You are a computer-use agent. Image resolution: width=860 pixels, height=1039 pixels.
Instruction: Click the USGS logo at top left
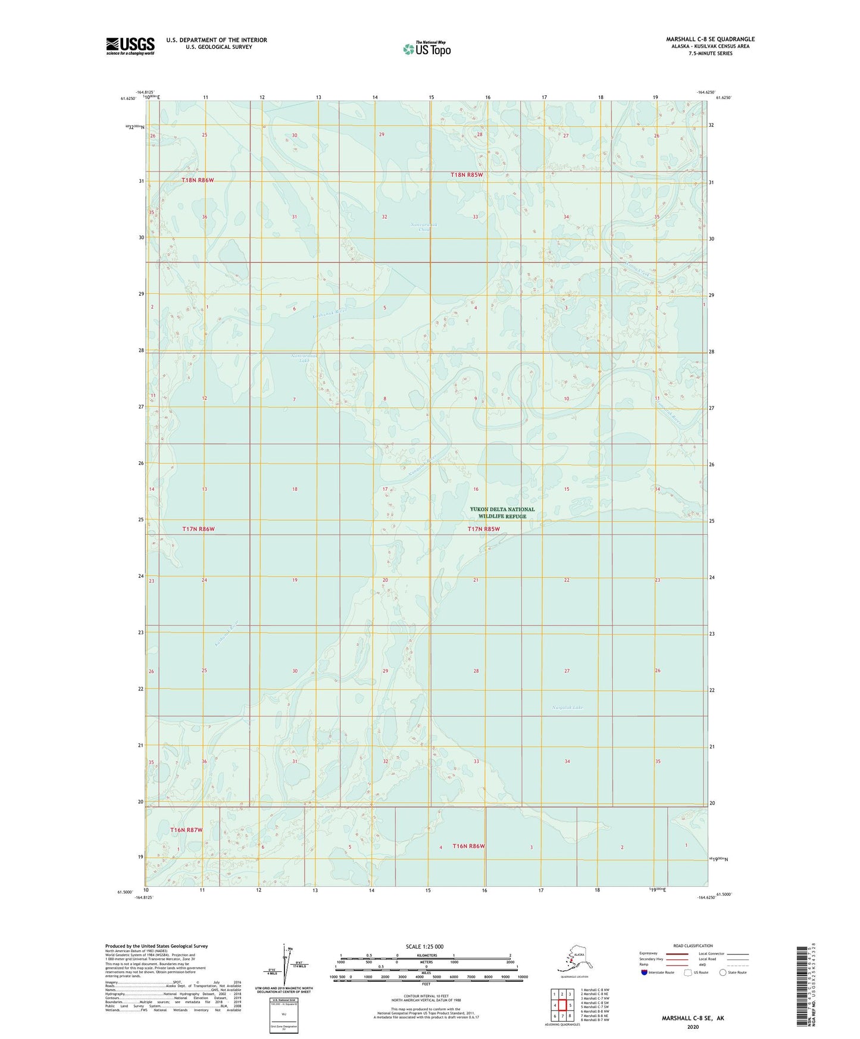(130, 46)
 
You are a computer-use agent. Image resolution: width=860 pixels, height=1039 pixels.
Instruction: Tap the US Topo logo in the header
(427, 49)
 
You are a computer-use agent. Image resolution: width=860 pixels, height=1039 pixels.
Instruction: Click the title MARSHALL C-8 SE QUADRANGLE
(710, 39)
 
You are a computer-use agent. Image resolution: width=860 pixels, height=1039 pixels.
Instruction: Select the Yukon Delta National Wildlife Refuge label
(502, 512)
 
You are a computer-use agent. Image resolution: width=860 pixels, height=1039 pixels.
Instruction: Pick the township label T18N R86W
(198, 180)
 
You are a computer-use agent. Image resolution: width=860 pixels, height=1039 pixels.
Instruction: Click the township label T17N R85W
(483, 528)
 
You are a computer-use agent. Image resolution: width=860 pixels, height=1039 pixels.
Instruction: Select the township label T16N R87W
(186, 830)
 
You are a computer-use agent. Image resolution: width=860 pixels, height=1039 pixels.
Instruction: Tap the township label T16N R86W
(468, 846)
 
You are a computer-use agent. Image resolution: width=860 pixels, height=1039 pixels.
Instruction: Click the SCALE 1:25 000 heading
(424, 946)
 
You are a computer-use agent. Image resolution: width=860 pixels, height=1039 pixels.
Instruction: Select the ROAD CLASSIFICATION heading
(693, 946)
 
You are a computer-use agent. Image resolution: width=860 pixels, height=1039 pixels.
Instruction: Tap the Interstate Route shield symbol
(645, 972)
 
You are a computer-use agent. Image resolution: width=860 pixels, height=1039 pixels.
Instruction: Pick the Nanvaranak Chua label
(424, 227)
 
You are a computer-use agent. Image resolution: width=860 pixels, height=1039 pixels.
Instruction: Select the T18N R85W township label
(466, 175)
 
